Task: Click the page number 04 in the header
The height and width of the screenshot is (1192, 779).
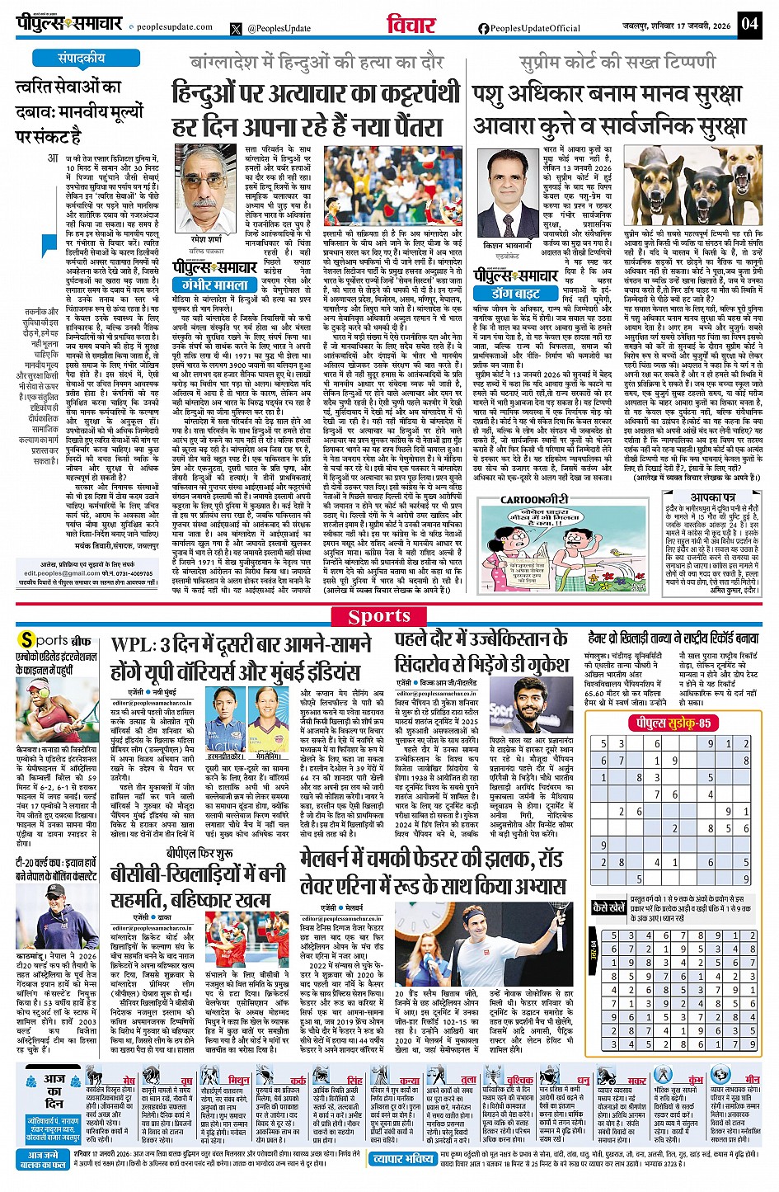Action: pos(748,24)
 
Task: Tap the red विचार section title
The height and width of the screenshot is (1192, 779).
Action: pos(411,25)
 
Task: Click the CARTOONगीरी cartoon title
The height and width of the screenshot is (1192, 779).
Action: pos(534,499)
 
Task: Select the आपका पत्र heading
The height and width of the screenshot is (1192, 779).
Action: pos(713,498)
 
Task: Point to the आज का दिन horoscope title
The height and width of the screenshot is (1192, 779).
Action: pos(54,1090)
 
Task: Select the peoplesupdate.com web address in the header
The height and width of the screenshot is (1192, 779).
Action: pos(174,27)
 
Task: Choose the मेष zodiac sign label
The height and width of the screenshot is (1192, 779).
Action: pos(129,1080)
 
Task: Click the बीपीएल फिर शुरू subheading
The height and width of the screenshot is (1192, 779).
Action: pos(197,854)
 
